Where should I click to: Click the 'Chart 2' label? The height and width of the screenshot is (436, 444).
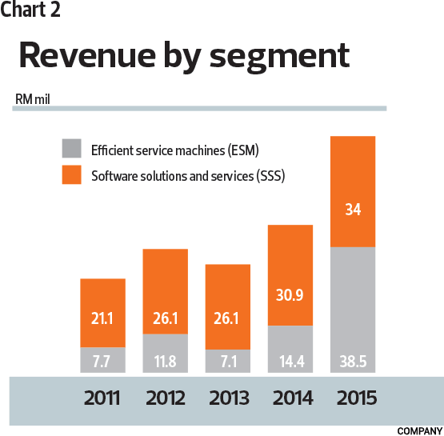pos(30,10)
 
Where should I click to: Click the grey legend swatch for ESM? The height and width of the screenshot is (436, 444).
pos(72,149)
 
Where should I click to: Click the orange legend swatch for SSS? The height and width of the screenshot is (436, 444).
pos(72,174)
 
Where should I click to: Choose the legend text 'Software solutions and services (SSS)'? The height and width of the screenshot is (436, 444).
pos(188,174)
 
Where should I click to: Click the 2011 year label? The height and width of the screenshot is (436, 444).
pos(103,398)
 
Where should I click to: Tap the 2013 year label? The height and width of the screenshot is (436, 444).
pos(228,398)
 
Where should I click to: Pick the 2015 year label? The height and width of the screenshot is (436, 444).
pos(352,398)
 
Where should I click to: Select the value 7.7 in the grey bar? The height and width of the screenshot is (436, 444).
pos(103,361)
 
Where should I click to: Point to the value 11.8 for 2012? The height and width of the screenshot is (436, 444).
pos(166,361)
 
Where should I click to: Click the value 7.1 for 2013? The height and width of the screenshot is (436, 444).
pos(228,361)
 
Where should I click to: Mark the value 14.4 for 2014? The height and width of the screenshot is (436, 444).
pos(290,361)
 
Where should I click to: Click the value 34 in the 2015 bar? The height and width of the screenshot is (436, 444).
pos(352,210)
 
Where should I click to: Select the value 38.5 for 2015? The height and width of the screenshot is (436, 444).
pos(352,361)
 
